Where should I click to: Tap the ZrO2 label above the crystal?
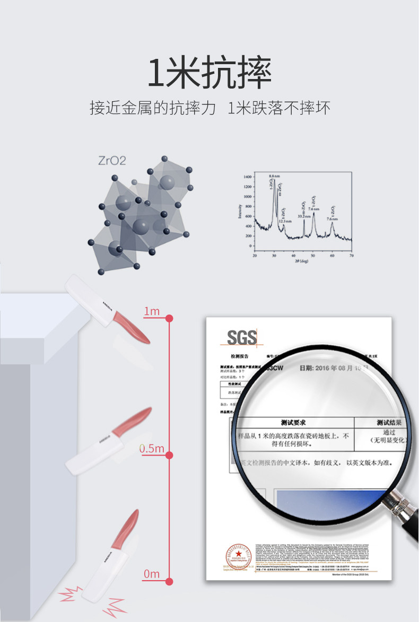(x=111, y=160)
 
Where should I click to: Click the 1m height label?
(x=152, y=311)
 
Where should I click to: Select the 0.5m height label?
(x=152, y=449)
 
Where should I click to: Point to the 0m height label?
(x=152, y=574)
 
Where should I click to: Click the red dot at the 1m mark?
(x=170, y=318)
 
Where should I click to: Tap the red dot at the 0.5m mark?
(x=170, y=455)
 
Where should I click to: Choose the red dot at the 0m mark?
(x=170, y=581)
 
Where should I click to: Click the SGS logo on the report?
(x=242, y=337)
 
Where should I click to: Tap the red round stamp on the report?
(x=235, y=556)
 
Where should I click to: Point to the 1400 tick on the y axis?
(x=248, y=176)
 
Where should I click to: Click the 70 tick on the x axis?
(x=351, y=256)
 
